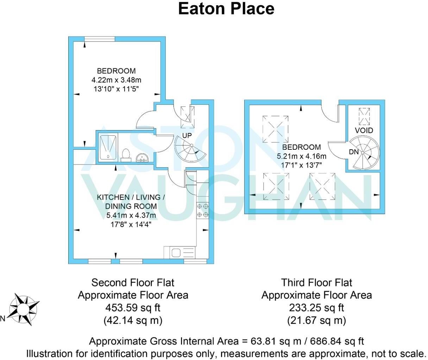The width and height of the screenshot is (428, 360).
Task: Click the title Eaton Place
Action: [226, 9]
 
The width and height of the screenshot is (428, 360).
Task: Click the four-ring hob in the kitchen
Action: [203, 210]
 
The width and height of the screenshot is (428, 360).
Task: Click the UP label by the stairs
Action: [187, 136]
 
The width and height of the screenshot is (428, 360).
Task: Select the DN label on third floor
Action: [354, 152]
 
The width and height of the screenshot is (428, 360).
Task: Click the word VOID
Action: [364, 130]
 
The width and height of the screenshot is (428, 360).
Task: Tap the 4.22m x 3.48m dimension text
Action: [116, 80]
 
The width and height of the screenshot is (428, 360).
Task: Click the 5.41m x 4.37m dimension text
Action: [131, 215]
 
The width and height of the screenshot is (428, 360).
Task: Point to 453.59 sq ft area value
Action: [133, 308]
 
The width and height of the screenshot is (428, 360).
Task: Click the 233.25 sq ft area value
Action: [316, 308]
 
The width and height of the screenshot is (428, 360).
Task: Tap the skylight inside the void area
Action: [364, 116]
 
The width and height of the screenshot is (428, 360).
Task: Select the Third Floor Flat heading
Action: [316, 282]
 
